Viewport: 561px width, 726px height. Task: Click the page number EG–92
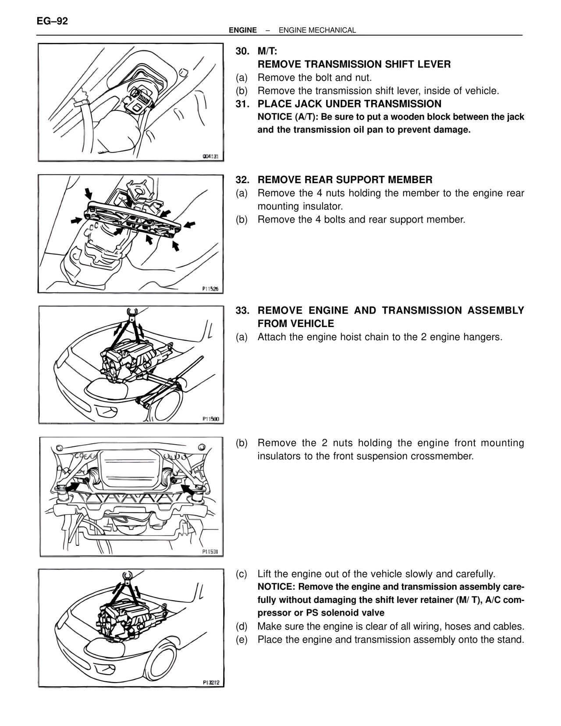(52, 21)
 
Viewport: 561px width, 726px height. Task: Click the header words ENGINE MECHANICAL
(317, 30)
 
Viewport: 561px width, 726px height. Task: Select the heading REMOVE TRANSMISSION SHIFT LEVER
(354, 64)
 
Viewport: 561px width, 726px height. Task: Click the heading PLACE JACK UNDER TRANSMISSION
(349, 104)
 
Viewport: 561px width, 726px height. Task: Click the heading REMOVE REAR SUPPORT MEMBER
(345, 180)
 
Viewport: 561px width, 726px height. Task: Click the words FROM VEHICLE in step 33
(295, 324)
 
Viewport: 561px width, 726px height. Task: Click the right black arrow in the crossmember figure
(189, 488)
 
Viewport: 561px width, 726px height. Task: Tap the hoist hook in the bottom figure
(128, 576)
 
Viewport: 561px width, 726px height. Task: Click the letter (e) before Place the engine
(241, 640)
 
